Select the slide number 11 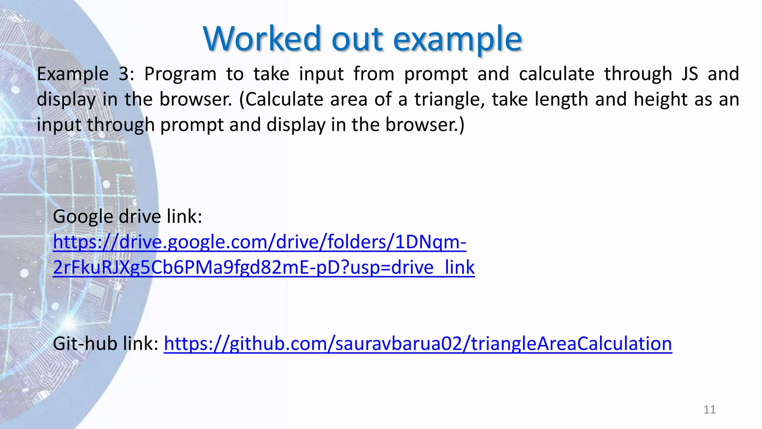[x=710, y=410]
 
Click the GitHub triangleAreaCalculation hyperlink [x=417, y=343]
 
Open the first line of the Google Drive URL [x=259, y=242]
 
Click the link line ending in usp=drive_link [x=263, y=267]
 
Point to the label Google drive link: [x=127, y=216]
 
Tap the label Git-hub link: [x=106, y=343]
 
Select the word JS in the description [x=689, y=74]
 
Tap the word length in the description [x=561, y=99]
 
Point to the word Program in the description [x=180, y=74]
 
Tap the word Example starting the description [x=73, y=74]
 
